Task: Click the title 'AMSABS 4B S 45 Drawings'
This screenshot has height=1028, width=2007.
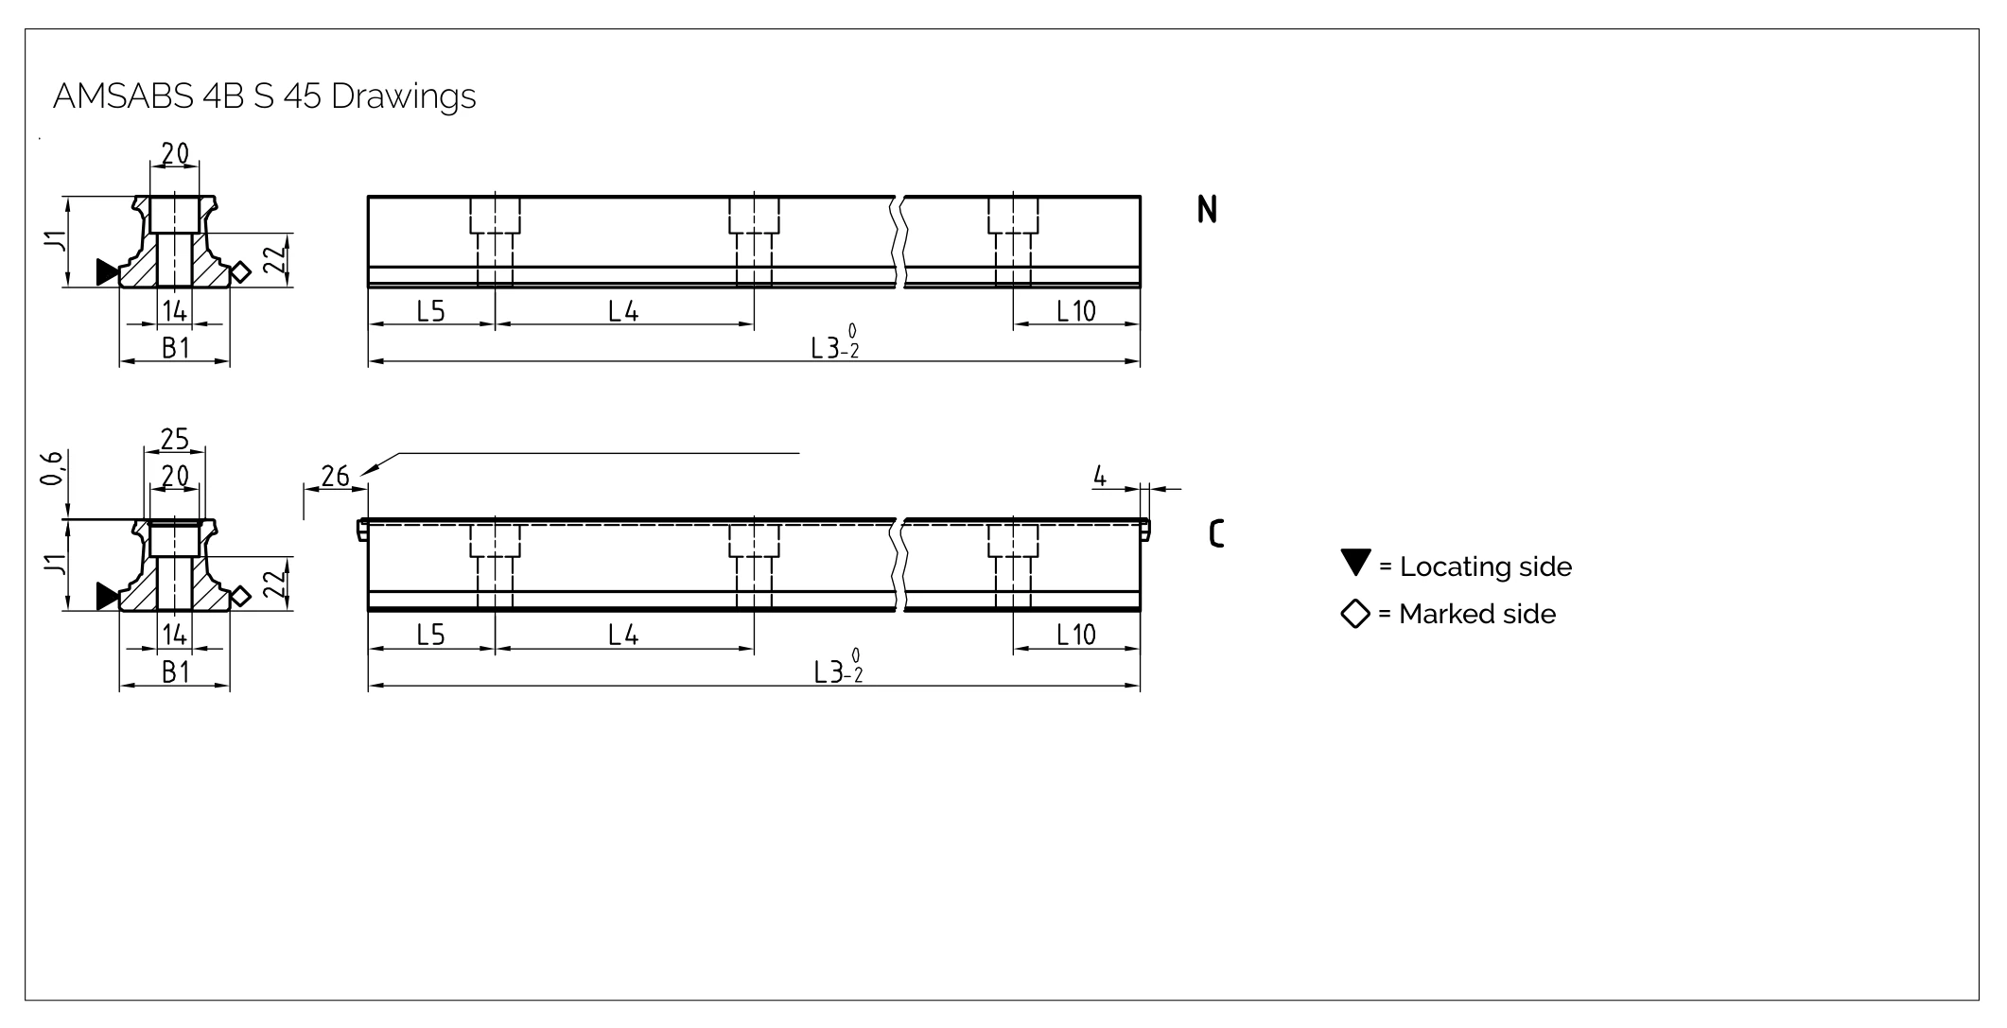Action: point(265,96)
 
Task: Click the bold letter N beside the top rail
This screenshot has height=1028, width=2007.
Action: point(1207,210)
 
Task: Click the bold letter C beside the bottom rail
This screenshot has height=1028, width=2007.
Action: point(1216,534)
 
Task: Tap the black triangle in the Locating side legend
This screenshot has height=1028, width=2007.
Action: point(1355,562)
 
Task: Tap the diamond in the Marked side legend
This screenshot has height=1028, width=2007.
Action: point(1355,614)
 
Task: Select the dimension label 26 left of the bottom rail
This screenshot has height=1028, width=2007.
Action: point(335,476)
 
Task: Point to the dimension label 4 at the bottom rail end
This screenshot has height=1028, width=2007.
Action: point(1099,476)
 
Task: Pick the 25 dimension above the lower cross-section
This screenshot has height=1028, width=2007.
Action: point(175,440)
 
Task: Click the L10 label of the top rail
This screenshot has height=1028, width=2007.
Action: point(1075,311)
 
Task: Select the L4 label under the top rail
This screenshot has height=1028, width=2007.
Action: point(623,311)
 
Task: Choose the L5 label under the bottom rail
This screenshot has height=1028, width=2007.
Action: point(430,635)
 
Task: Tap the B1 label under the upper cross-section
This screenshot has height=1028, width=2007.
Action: point(176,348)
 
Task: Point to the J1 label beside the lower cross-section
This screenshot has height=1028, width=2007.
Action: point(57,565)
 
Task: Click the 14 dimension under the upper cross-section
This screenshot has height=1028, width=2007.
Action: point(175,310)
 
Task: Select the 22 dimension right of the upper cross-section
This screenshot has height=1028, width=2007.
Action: point(274,258)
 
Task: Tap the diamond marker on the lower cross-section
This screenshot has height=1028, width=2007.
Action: point(240,596)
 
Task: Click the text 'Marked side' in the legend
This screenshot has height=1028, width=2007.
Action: point(1477,615)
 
